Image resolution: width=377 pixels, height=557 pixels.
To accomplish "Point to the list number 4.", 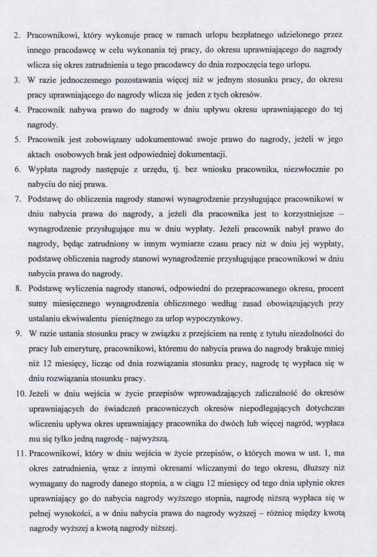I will pos(16,110).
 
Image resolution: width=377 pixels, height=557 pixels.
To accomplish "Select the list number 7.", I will pos(16,199).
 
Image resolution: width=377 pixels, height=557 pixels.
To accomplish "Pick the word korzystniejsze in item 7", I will pos(305,214).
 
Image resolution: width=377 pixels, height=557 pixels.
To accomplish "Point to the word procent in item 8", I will pos(330,288).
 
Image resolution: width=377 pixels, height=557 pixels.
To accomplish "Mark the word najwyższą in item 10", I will pos(150,437).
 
